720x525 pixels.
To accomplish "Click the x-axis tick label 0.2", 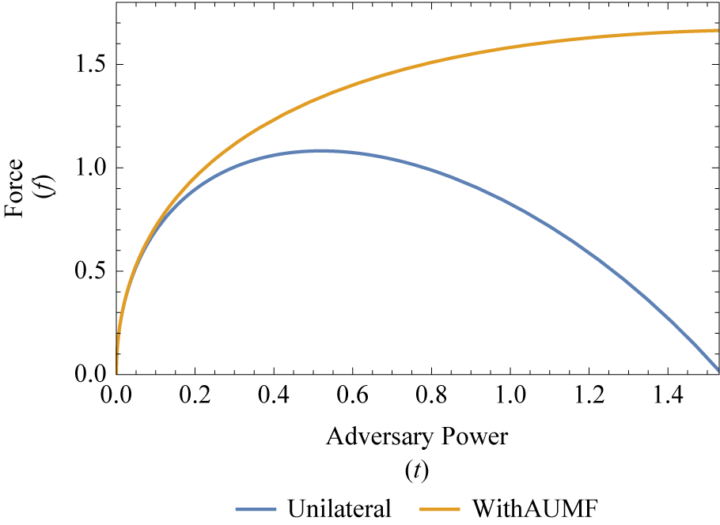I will [195, 394].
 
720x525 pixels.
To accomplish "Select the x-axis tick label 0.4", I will [273, 394].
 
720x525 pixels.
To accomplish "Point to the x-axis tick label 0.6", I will [352, 394].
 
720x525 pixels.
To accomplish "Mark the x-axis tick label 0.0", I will [116, 394].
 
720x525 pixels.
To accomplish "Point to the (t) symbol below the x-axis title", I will [416, 471].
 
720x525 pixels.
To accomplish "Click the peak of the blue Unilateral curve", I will [320, 150].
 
